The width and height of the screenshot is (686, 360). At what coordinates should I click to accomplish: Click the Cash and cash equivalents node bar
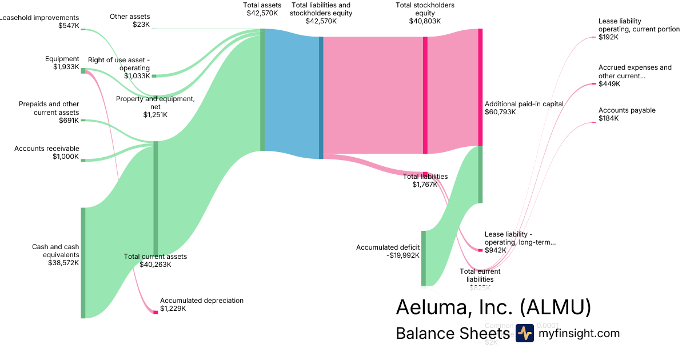(x=83, y=263)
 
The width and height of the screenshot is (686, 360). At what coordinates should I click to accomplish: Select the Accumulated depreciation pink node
(x=155, y=312)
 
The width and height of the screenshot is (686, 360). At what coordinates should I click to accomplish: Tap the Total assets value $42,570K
(x=262, y=13)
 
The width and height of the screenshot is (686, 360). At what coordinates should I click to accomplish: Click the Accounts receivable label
(x=47, y=149)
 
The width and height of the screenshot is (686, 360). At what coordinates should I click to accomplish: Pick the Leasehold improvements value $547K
(x=69, y=26)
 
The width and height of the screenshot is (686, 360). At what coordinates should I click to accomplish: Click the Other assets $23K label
(x=130, y=21)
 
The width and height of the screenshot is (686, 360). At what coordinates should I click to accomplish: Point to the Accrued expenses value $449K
(x=609, y=84)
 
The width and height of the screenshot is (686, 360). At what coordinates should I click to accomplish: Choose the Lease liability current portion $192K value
(x=609, y=37)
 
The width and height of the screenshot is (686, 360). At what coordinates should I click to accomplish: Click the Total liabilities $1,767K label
(x=425, y=180)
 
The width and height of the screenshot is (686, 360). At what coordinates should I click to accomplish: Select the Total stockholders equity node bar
(x=425, y=95)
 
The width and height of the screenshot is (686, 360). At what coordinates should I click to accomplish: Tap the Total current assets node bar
(x=155, y=200)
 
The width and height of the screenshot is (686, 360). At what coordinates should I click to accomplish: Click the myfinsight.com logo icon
(x=524, y=333)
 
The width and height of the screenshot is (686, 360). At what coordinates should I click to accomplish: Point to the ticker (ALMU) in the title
(x=555, y=307)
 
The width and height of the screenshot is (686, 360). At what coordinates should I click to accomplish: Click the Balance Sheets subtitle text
(x=452, y=334)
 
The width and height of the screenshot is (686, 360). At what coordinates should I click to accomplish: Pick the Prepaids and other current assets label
(x=49, y=112)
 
